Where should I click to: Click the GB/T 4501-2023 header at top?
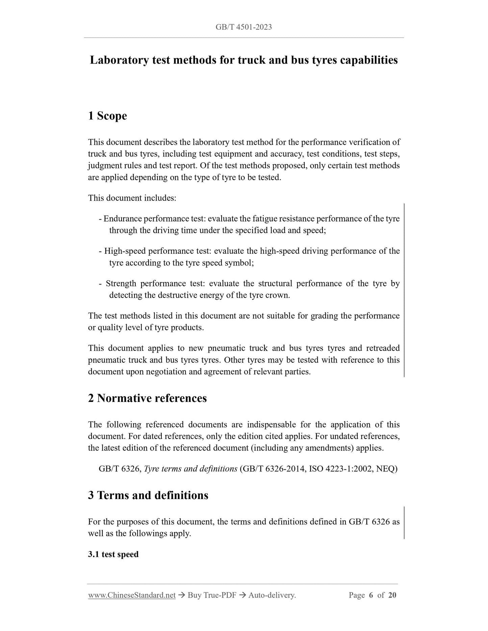243,27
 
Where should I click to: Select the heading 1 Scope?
107,116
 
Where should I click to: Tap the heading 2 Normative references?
147,398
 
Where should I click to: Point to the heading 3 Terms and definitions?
148,495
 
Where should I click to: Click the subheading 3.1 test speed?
113,554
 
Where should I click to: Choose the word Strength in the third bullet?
121,283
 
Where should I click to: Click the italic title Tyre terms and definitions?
190,469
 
